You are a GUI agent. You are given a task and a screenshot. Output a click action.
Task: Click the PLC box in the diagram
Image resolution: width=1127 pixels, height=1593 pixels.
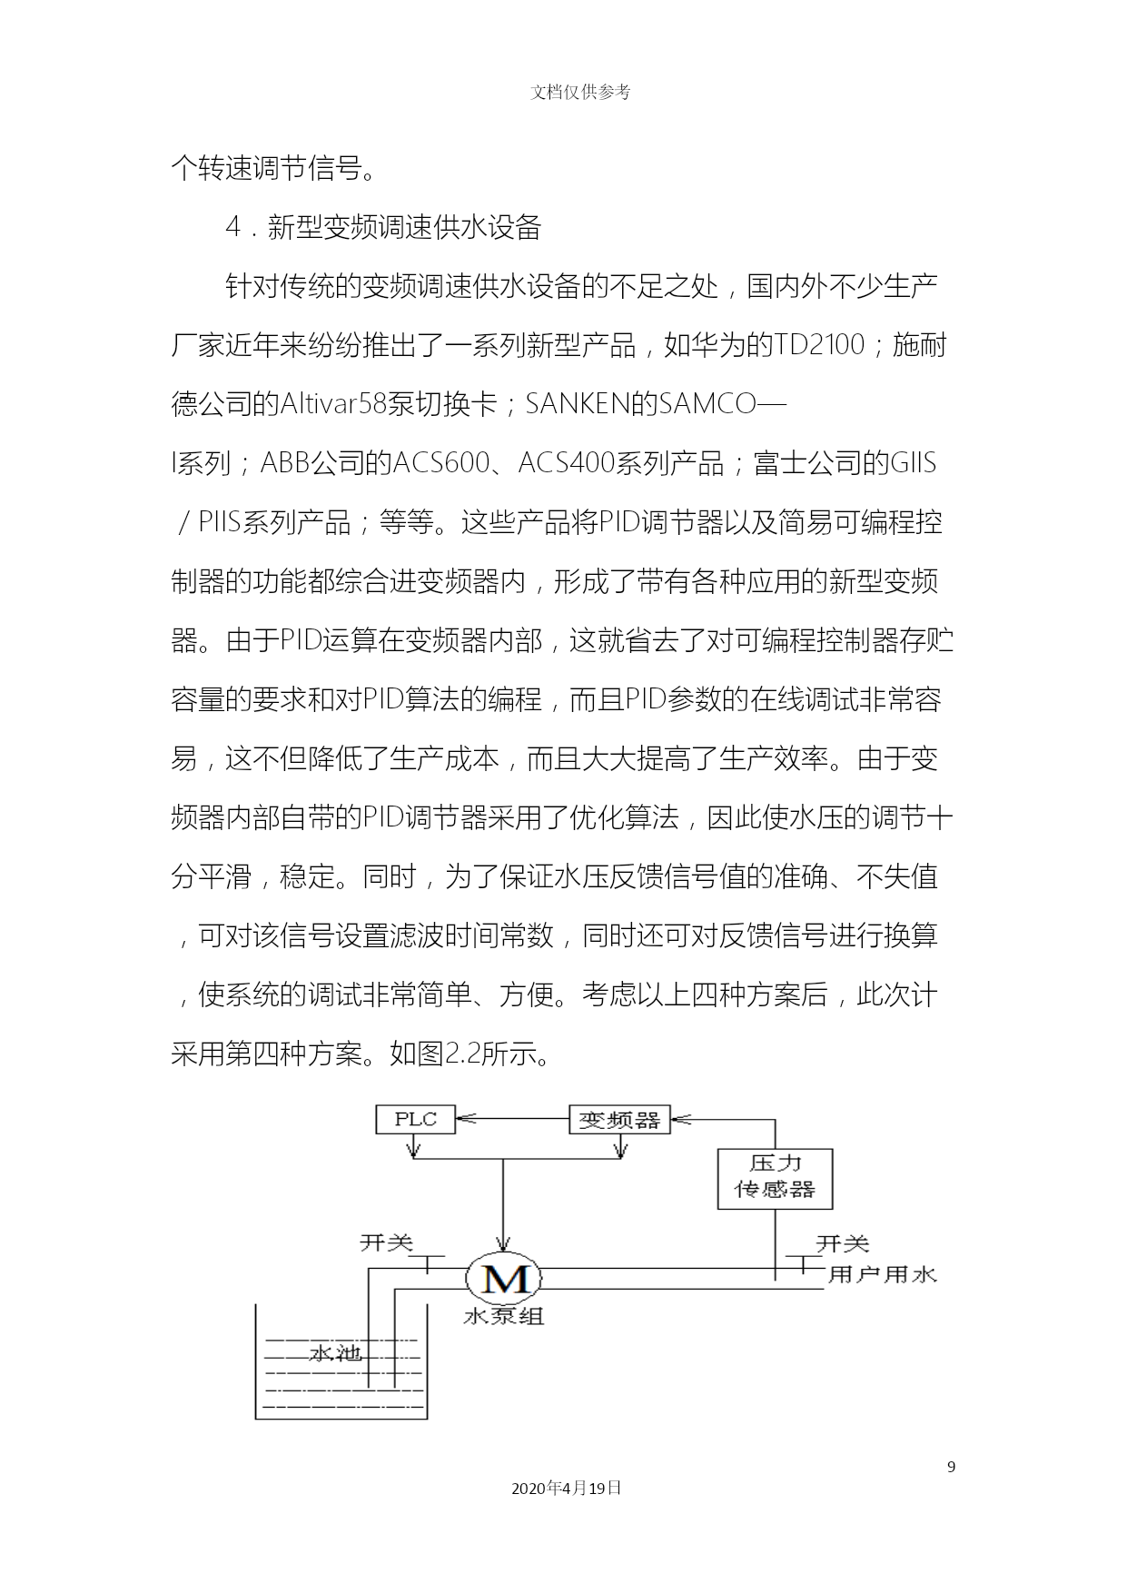click(415, 1119)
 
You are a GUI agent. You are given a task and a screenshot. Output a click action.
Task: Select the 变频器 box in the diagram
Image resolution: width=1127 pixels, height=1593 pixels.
click(619, 1119)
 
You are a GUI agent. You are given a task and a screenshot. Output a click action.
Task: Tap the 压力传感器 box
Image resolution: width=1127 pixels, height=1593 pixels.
click(775, 1178)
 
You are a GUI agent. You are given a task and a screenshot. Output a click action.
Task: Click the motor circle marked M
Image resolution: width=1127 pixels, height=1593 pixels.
click(504, 1278)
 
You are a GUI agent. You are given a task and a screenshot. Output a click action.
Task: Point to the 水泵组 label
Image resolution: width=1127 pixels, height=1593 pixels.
click(504, 1316)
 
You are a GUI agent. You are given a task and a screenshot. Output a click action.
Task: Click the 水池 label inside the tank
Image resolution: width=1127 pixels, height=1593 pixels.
click(336, 1353)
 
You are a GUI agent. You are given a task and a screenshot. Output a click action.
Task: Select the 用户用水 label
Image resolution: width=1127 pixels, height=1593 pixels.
click(882, 1274)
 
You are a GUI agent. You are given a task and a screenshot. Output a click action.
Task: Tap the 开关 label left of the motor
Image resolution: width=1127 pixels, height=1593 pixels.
click(387, 1242)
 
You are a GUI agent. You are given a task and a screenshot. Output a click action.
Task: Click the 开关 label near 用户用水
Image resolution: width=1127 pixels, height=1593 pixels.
click(843, 1242)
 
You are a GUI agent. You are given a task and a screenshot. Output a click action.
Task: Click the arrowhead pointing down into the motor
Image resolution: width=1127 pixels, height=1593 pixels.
click(503, 1245)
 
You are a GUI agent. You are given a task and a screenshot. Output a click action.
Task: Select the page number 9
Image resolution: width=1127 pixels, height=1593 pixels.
click(951, 1466)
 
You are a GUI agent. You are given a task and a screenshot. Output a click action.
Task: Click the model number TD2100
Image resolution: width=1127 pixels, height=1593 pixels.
click(818, 345)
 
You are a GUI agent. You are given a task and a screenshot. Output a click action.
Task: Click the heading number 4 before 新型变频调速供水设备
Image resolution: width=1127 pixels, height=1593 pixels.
click(232, 227)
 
